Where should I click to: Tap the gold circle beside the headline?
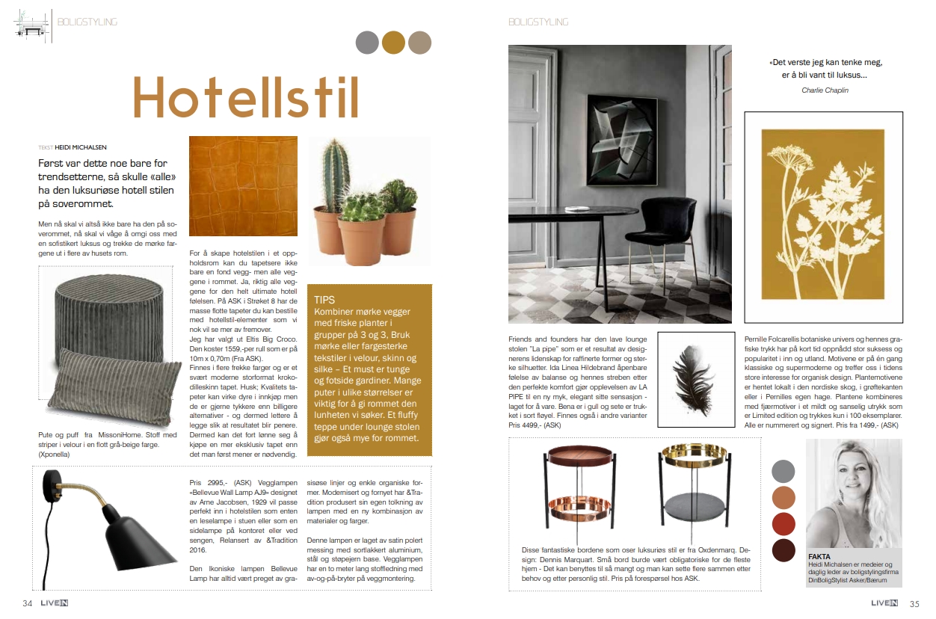pyautogui.click(x=393, y=43)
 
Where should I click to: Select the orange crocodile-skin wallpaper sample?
pyautogui.click(x=243, y=185)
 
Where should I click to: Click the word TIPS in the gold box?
pyautogui.click(x=325, y=299)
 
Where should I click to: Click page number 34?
pyautogui.click(x=27, y=603)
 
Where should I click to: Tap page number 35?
pyautogui.click(x=914, y=603)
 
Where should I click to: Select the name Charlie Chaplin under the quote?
pyautogui.click(x=825, y=90)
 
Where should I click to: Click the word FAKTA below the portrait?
pyautogui.click(x=819, y=557)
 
